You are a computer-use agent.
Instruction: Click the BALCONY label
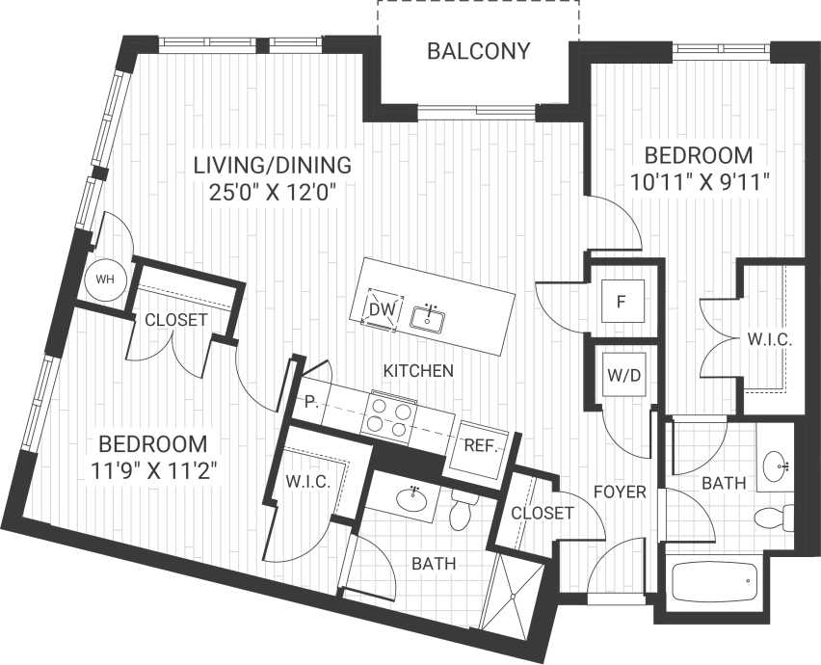click(478, 51)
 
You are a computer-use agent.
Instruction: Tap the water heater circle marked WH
click(103, 279)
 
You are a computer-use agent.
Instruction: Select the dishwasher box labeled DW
click(380, 309)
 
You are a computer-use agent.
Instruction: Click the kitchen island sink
click(427, 315)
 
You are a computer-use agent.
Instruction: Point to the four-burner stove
click(388, 415)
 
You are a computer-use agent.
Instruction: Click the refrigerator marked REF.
click(479, 446)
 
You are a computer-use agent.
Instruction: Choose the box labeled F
click(622, 302)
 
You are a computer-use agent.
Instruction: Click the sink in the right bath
click(776, 468)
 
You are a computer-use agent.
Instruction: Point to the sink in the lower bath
click(411, 499)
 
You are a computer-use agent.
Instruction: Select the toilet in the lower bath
click(460, 512)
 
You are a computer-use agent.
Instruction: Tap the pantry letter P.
click(311, 401)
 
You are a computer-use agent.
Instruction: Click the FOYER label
click(620, 492)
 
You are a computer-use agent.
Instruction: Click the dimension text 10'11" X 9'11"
click(698, 181)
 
